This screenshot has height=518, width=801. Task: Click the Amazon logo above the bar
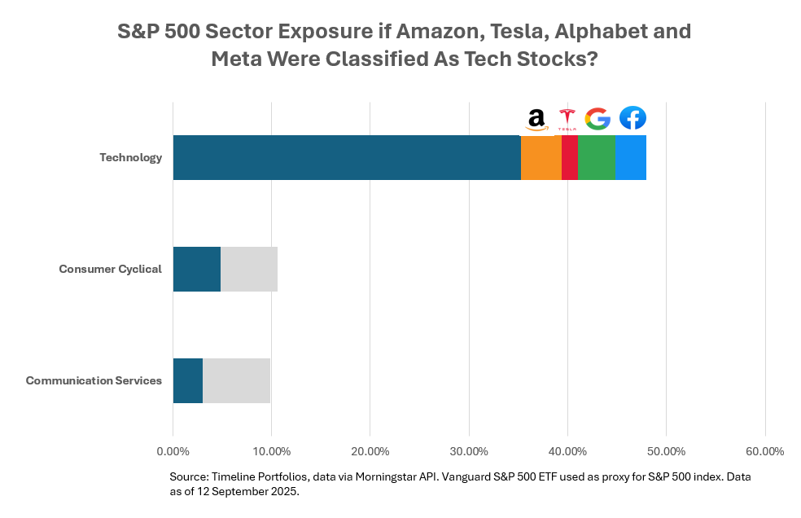pos(536,119)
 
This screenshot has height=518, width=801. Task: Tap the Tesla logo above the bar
pos(567,119)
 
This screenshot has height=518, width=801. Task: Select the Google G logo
pos(597,119)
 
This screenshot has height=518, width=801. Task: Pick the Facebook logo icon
pos(632,118)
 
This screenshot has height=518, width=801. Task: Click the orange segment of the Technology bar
pos(541,157)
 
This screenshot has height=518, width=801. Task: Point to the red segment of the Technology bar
pos(570,157)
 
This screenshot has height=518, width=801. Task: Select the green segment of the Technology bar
pos(596,157)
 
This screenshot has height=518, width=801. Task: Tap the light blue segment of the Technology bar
pos(630,157)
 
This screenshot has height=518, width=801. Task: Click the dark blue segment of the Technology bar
pos(347,157)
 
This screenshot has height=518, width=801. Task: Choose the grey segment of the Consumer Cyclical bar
pos(249,269)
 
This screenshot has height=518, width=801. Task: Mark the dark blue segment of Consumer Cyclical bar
pos(197,269)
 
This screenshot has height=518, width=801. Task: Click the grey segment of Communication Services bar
pos(236,380)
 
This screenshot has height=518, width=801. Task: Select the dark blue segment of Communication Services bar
pos(188,380)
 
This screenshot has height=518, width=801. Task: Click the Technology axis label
pos(130,157)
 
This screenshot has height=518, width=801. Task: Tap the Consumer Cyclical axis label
pos(110,269)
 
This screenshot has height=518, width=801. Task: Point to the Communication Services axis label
pos(94,380)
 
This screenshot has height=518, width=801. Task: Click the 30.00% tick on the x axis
pos(469,451)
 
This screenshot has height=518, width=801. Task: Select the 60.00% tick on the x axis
pos(764,451)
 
